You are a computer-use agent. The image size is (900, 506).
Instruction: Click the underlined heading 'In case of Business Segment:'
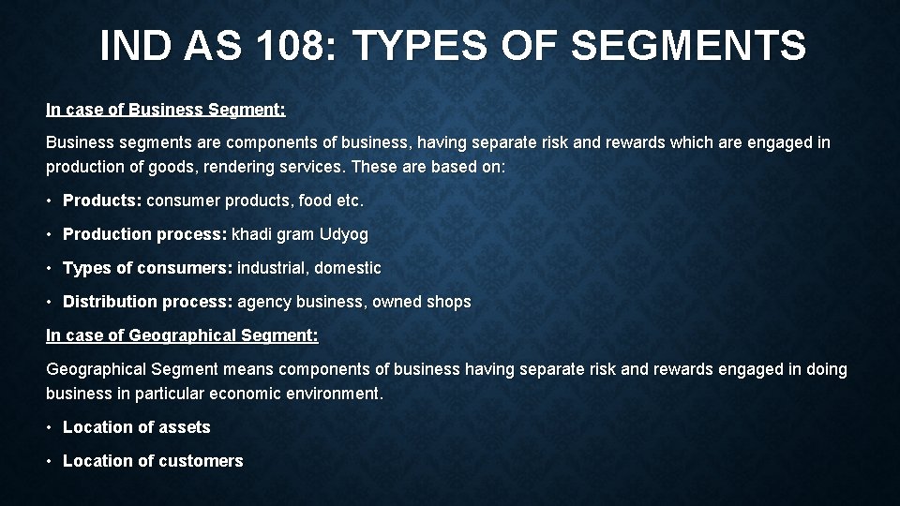coord(165,110)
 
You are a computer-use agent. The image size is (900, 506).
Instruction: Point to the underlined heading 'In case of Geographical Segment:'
coord(182,335)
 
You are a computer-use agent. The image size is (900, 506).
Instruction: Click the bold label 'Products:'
coord(102,201)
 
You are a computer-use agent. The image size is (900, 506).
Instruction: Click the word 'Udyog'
coord(344,234)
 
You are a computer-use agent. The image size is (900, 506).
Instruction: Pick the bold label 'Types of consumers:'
coord(147,268)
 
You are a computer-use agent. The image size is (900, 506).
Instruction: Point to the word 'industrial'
coord(271,268)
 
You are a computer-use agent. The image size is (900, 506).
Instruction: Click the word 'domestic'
coord(348,268)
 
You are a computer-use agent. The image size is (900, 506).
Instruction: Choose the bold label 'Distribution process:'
coord(147,302)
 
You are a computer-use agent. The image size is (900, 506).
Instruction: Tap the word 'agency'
coord(264,302)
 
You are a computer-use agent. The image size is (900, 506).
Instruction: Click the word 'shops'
coord(449,302)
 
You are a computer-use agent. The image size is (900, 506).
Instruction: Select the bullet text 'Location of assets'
coord(136,427)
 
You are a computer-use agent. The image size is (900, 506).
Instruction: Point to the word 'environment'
coord(333,394)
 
